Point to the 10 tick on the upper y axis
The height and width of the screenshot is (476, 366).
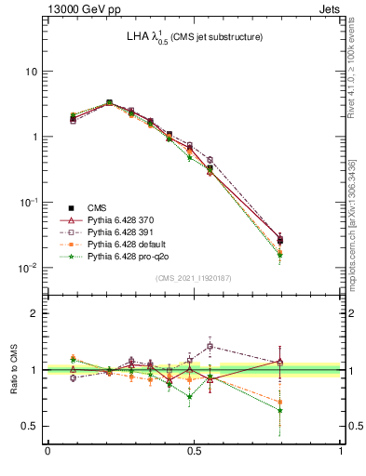point(31,72)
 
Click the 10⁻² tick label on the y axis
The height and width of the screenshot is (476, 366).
point(28,268)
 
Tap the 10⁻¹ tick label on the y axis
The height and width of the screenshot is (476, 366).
point(28,202)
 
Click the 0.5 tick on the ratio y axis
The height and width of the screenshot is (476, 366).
point(32,426)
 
